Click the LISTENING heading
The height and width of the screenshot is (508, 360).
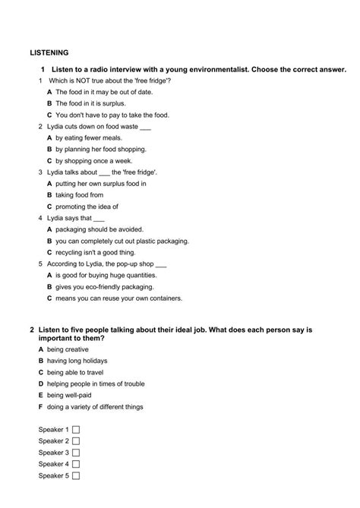49,53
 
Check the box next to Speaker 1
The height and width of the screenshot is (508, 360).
76,430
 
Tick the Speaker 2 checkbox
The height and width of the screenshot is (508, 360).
76,441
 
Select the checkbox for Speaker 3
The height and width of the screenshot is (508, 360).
76,453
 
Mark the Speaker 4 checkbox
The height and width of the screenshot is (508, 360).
76,464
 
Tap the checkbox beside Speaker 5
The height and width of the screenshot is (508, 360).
76,476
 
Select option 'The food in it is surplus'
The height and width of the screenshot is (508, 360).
90,103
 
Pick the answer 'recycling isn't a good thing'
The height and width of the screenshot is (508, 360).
96,252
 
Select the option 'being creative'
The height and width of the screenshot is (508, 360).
73,349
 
